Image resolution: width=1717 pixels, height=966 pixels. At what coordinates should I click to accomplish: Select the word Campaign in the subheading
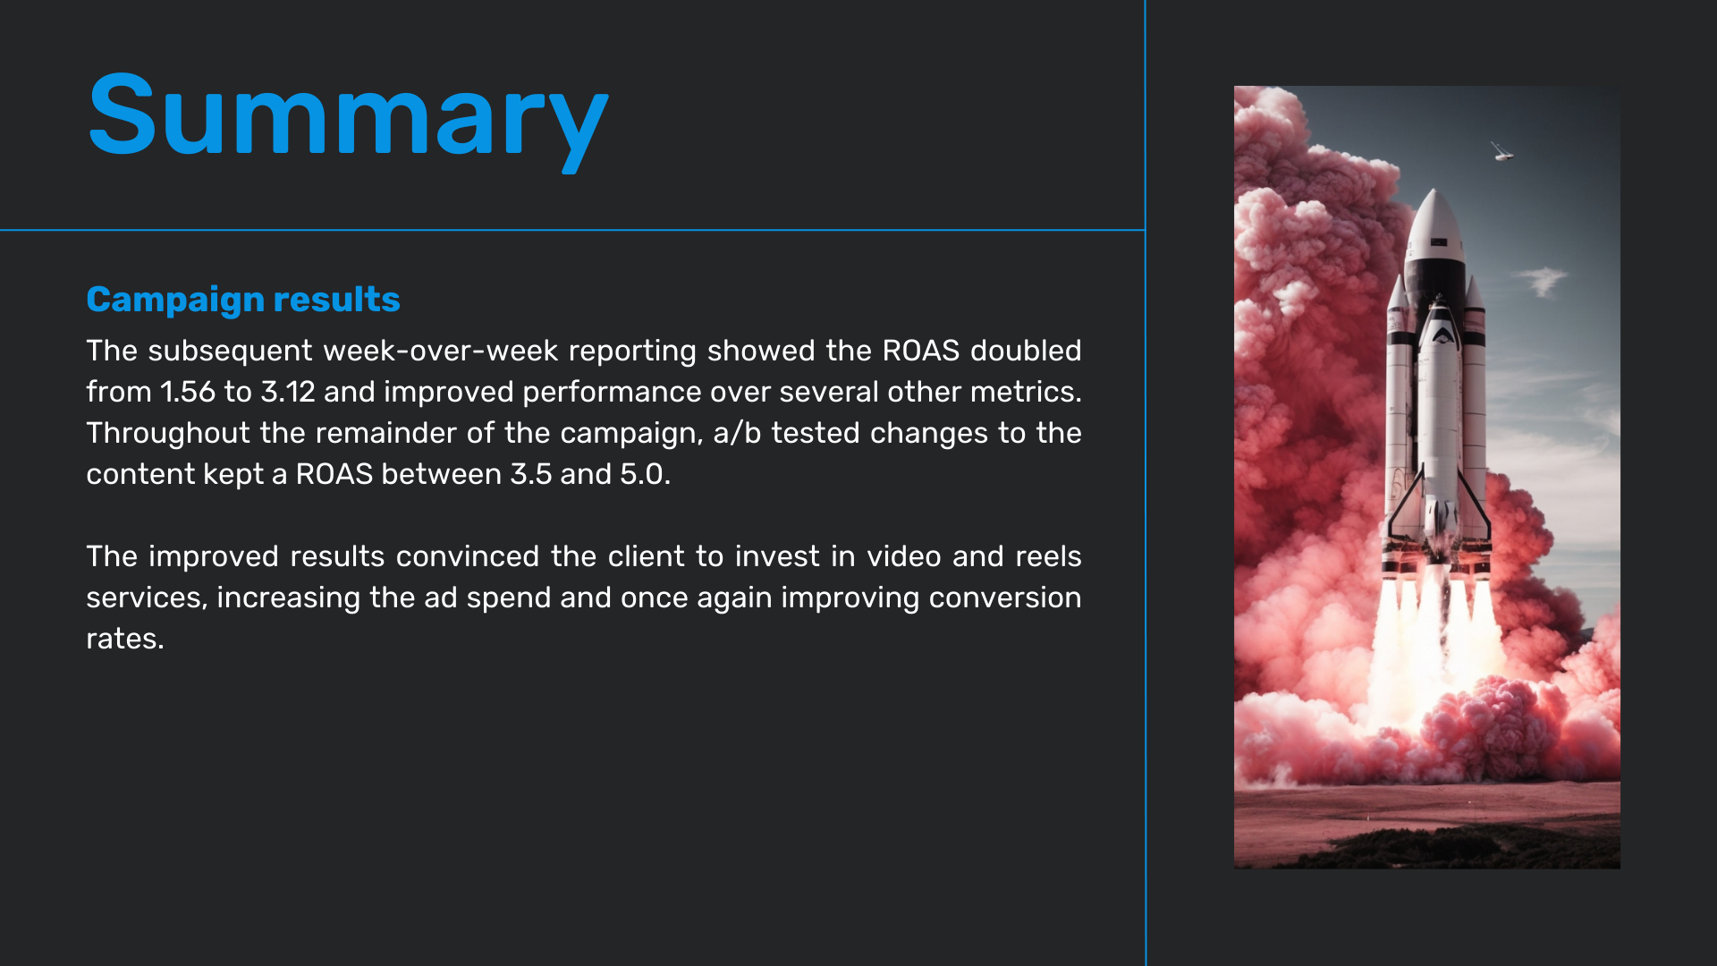pos(175,301)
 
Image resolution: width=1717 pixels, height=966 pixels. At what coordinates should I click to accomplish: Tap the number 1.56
pos(188,392)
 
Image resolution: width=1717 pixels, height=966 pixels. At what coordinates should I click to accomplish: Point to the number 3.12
pos(288,392)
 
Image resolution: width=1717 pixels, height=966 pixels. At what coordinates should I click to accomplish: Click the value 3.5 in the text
pos(531,474)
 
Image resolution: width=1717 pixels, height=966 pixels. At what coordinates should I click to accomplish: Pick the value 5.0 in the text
pos(641,474)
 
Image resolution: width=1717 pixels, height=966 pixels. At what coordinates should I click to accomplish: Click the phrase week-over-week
pos(441,351)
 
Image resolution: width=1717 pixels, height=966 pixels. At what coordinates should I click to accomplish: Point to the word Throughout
pos(168,433)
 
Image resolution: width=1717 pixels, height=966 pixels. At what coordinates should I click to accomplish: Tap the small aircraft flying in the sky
pos(1501,152)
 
